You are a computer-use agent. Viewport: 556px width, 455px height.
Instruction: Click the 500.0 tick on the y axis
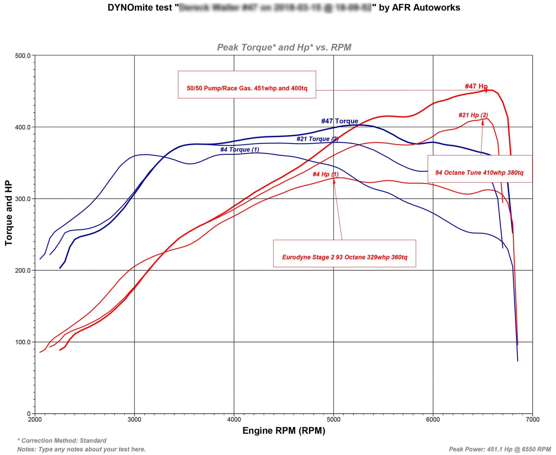[x=23, y=56]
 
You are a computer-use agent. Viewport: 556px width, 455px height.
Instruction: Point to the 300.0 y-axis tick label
[x=23, y=199]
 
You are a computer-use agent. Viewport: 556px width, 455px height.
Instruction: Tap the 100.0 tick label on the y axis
[x=23, y=342]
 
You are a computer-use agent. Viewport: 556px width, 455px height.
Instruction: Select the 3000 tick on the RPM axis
[x=134, y=420]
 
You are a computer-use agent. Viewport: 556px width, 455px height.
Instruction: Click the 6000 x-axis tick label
[x=433, y=420]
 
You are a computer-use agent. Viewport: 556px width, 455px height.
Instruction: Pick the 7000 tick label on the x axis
[x=532, y=420]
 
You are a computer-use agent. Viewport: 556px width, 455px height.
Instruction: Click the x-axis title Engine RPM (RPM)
[x=284, y=431]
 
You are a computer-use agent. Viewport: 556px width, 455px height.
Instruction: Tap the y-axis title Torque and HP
[x=9, y=213]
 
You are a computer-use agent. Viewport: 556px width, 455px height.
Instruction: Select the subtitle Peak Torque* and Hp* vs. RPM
[x=284, y=47]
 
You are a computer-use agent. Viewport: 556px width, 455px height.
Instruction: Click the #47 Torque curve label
[x=339, y=121]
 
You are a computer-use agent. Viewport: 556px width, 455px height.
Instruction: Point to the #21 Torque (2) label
[x=317, y=139]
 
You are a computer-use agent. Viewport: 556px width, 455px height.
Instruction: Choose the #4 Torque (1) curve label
[x=239, y=150]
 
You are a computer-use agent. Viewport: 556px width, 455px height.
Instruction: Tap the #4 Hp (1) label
[x=325, y=174]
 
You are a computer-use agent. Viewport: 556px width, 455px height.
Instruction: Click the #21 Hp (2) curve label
[x=473, y=115]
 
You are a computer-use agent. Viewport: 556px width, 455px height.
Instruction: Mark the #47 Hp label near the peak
[x=476, y=86]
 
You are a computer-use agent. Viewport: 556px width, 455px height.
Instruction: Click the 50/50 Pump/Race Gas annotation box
[x=247, y=85]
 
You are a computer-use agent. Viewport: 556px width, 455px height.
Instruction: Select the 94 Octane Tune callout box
[x=479, y=169]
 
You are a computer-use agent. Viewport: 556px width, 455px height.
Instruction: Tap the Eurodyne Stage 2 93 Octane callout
[x=344, y=254]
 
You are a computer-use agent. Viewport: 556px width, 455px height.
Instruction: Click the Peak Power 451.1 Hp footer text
[x=500, y=449]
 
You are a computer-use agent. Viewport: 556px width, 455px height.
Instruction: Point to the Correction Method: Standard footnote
[x=62, y=441]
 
